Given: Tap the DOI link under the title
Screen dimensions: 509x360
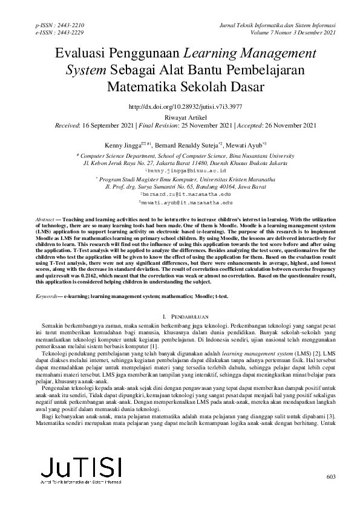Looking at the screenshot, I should click(x=180, y=106).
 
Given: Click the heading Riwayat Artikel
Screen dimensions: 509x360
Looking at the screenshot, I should click(x=180, y=117).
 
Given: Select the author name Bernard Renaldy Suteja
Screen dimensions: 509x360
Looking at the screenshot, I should click(x=180, y=146).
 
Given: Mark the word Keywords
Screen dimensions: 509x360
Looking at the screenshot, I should click(x=47, y=297).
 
